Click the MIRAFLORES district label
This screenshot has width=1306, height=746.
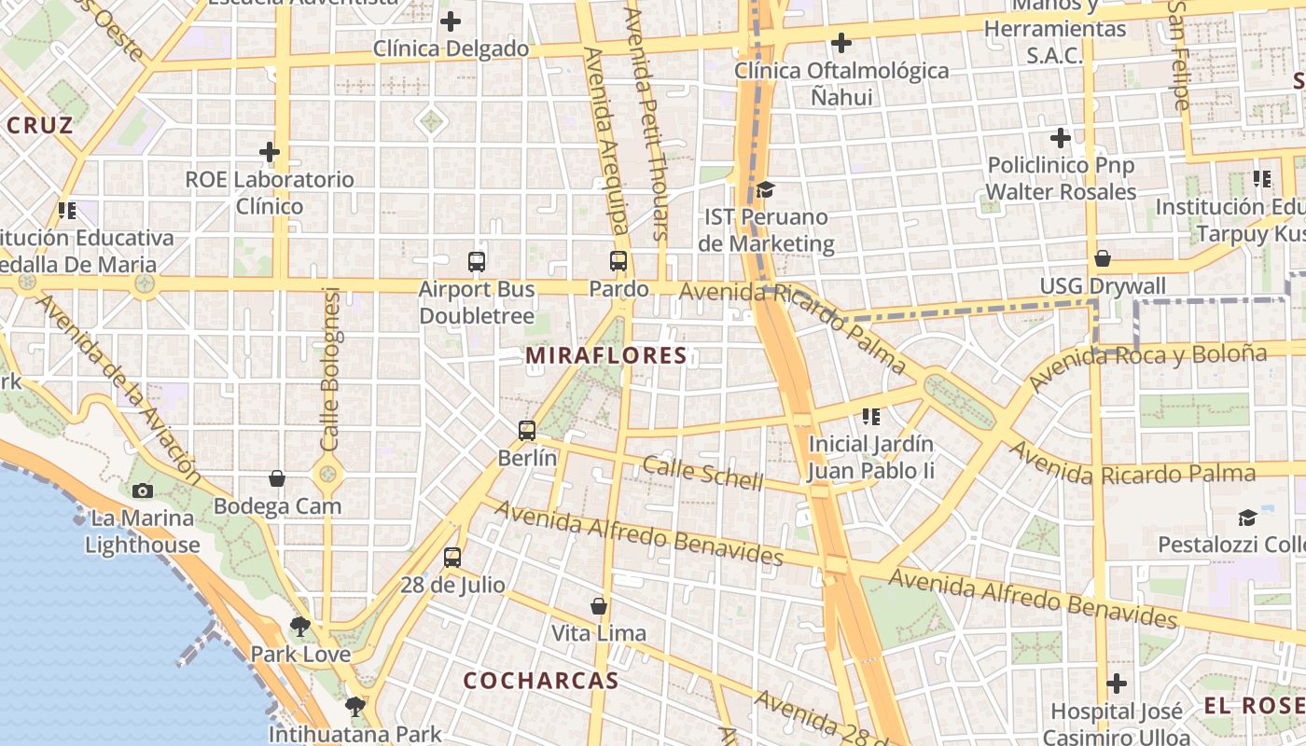tap(606, 355)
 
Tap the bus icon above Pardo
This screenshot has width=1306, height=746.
tap(618, 261)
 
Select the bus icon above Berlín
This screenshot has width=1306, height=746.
tap(527, 431)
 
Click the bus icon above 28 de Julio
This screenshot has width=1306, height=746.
tap(452, 558)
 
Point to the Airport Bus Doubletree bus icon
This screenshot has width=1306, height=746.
tap(477, 262)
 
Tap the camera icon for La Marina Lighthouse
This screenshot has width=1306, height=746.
tap(143, 490)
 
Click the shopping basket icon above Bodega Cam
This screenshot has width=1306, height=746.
tap(277, 478)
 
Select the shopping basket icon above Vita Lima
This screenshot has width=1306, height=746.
tap(599, 606)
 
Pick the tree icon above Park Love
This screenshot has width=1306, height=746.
tap(299, 627)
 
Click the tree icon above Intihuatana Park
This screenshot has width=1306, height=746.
tap(354, 706)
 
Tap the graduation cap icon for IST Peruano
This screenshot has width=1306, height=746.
tap(765, 190)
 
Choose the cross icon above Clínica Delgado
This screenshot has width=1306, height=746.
tap(451, 21)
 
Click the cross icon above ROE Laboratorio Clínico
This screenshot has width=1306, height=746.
tap(270, 151)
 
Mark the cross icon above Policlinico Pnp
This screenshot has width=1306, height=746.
tap(1061, 138)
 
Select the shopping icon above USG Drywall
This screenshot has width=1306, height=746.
tap(1103, 258)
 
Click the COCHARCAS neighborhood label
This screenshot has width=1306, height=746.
tap(541, 681)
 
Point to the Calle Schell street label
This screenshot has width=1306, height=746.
tap(702, 474)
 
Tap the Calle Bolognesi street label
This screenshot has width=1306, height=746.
tap(331, 368)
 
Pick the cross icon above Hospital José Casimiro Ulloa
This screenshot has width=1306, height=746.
tap(1117, 684)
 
